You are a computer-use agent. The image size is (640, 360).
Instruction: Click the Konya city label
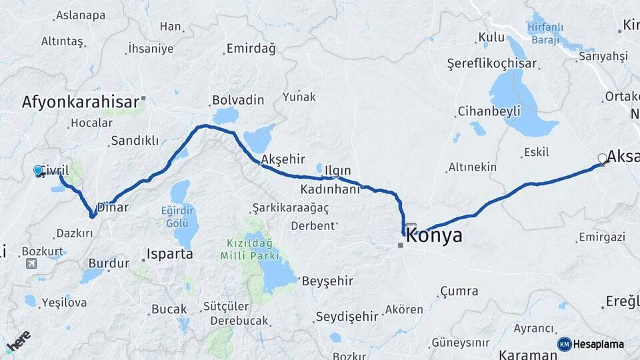[433, 236]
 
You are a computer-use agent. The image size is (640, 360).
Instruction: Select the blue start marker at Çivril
[38, 171]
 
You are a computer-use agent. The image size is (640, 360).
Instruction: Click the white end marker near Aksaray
[603, 159]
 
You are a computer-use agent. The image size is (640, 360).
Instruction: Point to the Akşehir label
[283, 159]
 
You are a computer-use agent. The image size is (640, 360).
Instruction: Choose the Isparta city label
[171, 254]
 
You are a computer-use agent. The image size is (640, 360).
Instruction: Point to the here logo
[18, 341]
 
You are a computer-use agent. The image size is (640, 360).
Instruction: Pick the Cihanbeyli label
[489, 111]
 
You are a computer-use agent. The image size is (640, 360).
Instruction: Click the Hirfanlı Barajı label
[545, 32]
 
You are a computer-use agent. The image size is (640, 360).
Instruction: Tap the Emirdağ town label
[251, 49]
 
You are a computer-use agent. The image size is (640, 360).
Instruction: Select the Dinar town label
[112, 207]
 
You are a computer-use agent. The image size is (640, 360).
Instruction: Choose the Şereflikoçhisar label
[492, 63]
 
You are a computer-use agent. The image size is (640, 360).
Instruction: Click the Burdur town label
[108, 263]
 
